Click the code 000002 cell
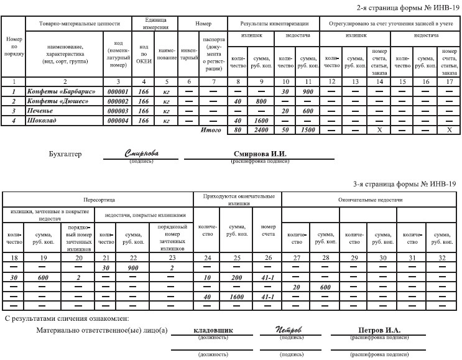pos(118,101)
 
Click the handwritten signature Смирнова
pos(141,152)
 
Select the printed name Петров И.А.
pos(379,330)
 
